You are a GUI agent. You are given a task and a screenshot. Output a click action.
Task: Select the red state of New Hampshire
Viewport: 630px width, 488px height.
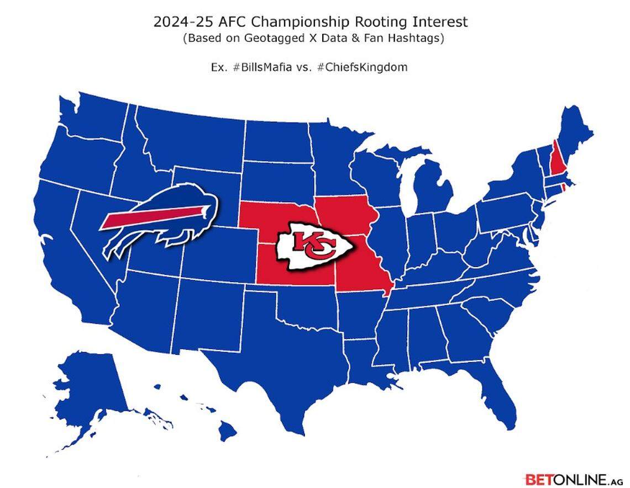click(554, 163)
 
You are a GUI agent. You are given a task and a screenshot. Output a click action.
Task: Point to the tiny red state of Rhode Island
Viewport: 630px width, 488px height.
click(563, 188)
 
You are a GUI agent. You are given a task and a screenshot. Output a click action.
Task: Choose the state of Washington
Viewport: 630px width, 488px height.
click(94, 119)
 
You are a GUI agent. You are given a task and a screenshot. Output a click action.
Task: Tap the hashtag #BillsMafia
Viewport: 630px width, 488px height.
click(261, 67)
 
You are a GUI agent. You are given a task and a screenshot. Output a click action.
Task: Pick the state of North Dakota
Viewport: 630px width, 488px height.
click(276, 141)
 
